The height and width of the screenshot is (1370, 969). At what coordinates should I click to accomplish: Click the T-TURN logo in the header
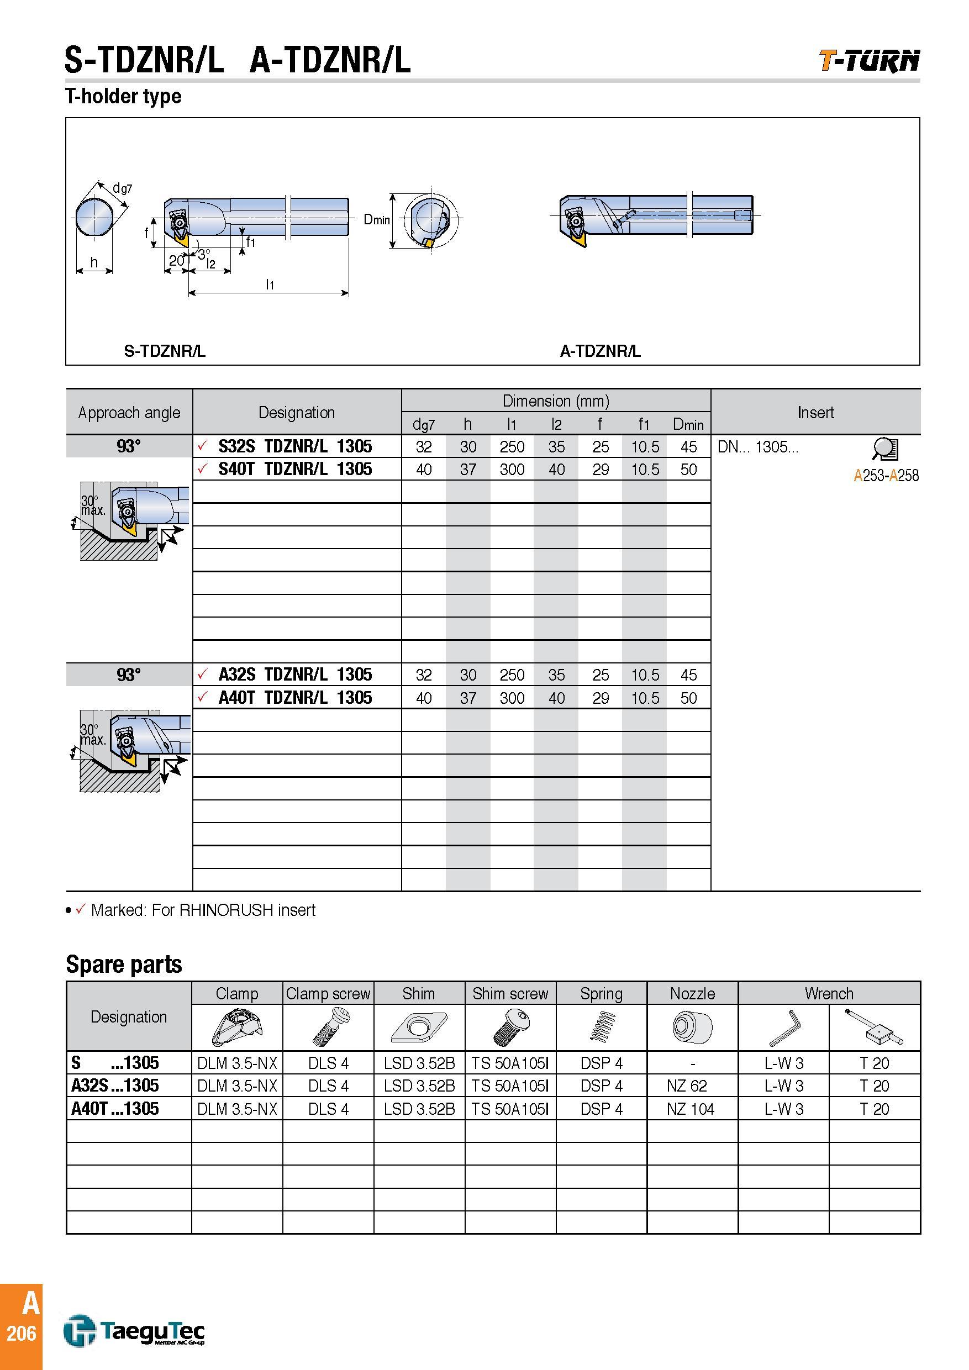[x=869, y=60]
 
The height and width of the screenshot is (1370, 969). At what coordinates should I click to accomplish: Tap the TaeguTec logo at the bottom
[x=134, y=1331]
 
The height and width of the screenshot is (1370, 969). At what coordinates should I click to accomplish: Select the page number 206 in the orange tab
[x=22, y=1333]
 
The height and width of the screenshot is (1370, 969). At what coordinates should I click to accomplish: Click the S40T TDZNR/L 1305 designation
[x=295, y=469]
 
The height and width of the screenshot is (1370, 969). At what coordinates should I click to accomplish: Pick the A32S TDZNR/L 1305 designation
[x=295, y=675]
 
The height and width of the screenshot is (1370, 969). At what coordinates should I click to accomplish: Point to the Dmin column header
[x=688, y=424]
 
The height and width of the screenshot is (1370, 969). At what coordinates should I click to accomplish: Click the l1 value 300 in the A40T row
[x=512, y=698]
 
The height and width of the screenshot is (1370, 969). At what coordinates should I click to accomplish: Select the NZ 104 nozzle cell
[x=691, y=1109]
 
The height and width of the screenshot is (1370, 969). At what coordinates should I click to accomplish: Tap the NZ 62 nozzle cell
[x=687, y=1086]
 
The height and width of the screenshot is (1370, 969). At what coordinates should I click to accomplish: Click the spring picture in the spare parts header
[x=602, y=1027]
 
